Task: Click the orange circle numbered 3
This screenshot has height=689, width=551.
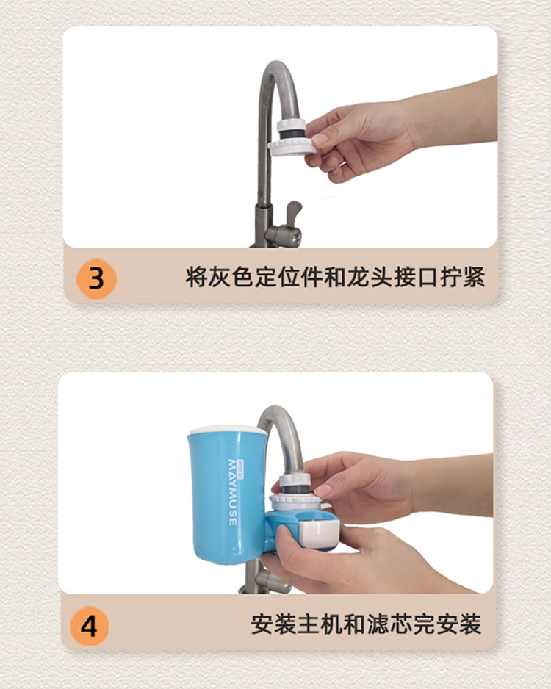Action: click(x=96, y=278)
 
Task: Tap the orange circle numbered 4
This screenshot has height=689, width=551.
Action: click(x=89, y=626)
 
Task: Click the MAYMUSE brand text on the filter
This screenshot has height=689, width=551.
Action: click(x=233, y=492)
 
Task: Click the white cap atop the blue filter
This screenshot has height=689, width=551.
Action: click(x=228, y=430)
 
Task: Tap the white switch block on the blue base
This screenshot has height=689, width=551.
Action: click(x=320, y=533)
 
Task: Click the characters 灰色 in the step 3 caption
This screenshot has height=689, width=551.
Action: click(x=231, y=277)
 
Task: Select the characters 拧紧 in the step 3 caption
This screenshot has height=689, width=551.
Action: click(x=462, y=277)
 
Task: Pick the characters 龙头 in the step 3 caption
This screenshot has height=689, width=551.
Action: click(x=370, y=277)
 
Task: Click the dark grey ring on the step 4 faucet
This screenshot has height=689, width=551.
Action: click(x=295, y=489)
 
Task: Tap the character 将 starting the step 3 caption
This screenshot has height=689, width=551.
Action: click(x=196, y=277)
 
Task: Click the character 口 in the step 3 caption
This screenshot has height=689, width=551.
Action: click(x=428, y=277)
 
